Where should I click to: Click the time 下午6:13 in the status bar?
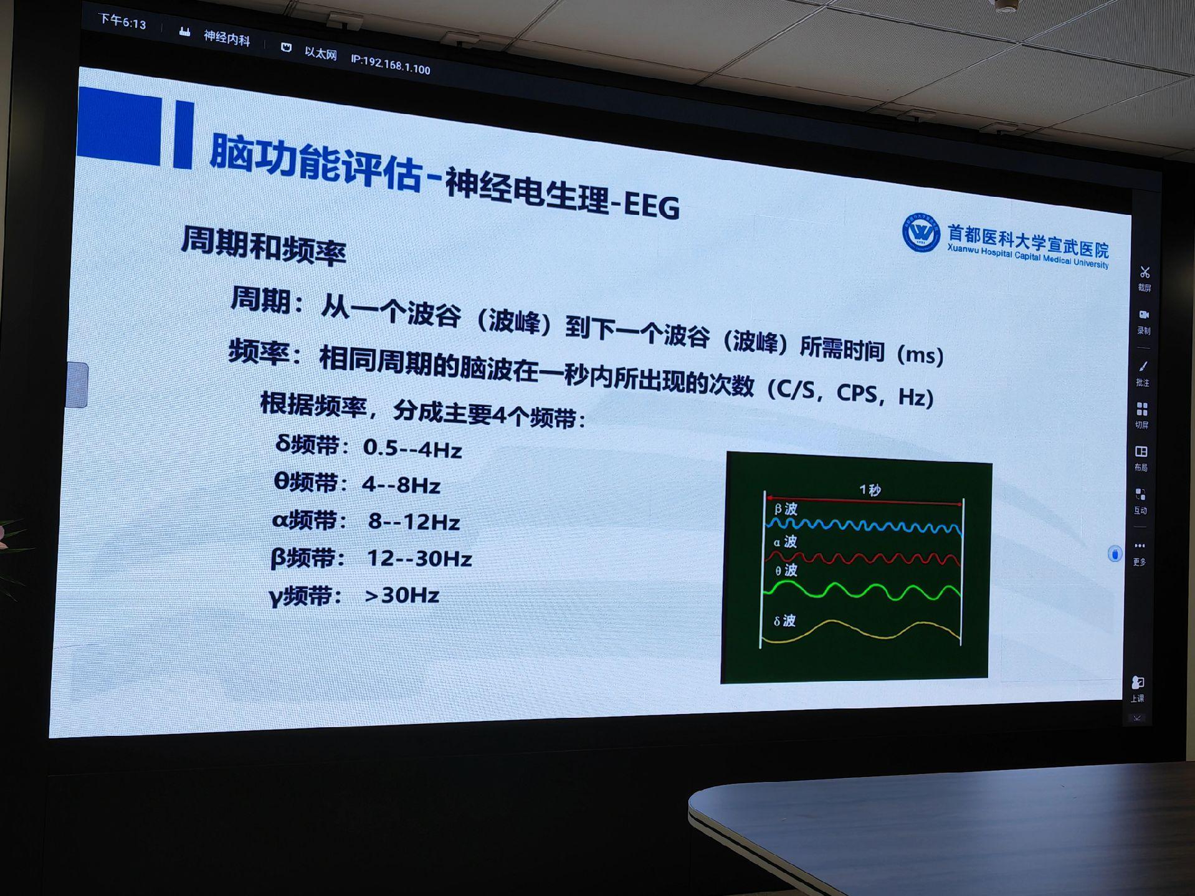123,22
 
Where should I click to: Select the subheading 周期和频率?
263,245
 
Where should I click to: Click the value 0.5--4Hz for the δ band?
412,449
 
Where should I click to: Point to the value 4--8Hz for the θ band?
401,485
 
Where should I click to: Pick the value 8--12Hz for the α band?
414,522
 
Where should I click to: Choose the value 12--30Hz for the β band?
419,558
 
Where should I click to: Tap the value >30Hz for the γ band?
402,596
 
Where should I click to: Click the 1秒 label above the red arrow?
870,490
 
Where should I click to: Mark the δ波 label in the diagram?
784,621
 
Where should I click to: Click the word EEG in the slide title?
652,206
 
